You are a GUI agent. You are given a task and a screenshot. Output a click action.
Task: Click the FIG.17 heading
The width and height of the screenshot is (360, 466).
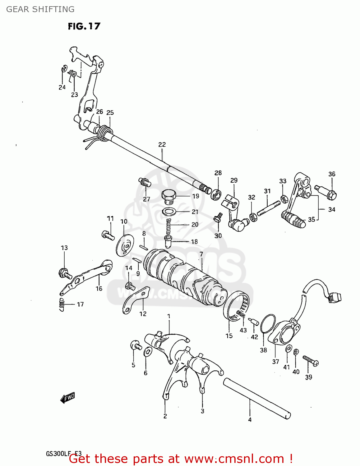click(84, 26)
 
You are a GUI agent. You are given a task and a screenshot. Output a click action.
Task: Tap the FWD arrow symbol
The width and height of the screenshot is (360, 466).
click(67, 398)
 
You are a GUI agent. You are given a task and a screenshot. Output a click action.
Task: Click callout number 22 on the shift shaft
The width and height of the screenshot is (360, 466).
click(162, 144)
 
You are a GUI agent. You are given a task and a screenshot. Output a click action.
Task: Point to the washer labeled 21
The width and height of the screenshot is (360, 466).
click(169, 212)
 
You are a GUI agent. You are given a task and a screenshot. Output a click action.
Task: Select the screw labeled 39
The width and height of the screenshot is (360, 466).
click(311, 361)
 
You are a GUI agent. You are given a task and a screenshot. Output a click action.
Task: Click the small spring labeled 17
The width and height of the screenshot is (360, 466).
click(62, 304)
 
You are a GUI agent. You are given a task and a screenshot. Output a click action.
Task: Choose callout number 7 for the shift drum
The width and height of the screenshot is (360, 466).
click(201, 254)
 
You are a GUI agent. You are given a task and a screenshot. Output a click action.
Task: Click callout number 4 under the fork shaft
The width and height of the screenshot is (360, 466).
click(250, 420)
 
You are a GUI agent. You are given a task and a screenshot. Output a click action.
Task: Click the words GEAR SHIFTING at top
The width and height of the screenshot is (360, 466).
click(40, 9)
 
